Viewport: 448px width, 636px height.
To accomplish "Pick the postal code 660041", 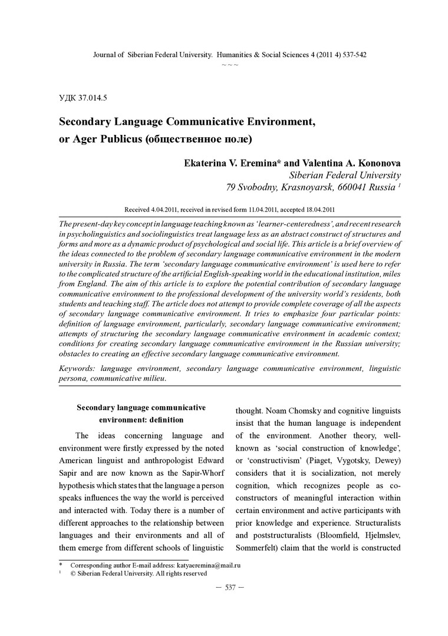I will pos(353,188).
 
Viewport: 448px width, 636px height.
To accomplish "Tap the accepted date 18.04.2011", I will pos(318,209).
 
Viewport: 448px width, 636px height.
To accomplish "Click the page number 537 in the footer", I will pos(230,588).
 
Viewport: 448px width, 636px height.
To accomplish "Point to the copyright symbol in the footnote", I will pos(73,573).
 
